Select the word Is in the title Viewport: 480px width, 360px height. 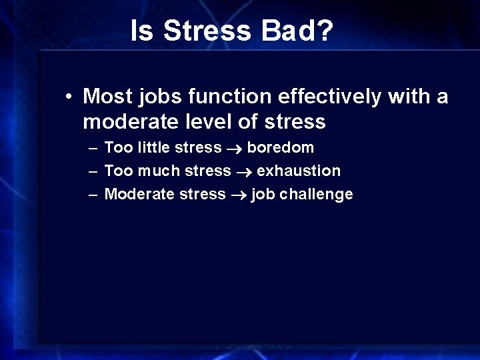pos(141,31)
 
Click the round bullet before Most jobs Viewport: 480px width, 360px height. pos(69,97)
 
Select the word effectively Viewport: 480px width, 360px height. pos(326,97)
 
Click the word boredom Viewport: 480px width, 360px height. pos(280,147)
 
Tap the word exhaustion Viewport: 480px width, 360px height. pos(298,171)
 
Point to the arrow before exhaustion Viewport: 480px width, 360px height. pos(243,171)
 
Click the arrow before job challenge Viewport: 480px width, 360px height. pos(238,195)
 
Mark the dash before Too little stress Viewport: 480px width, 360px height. pos(91,147)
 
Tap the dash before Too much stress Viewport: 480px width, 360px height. pos(91,171)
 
